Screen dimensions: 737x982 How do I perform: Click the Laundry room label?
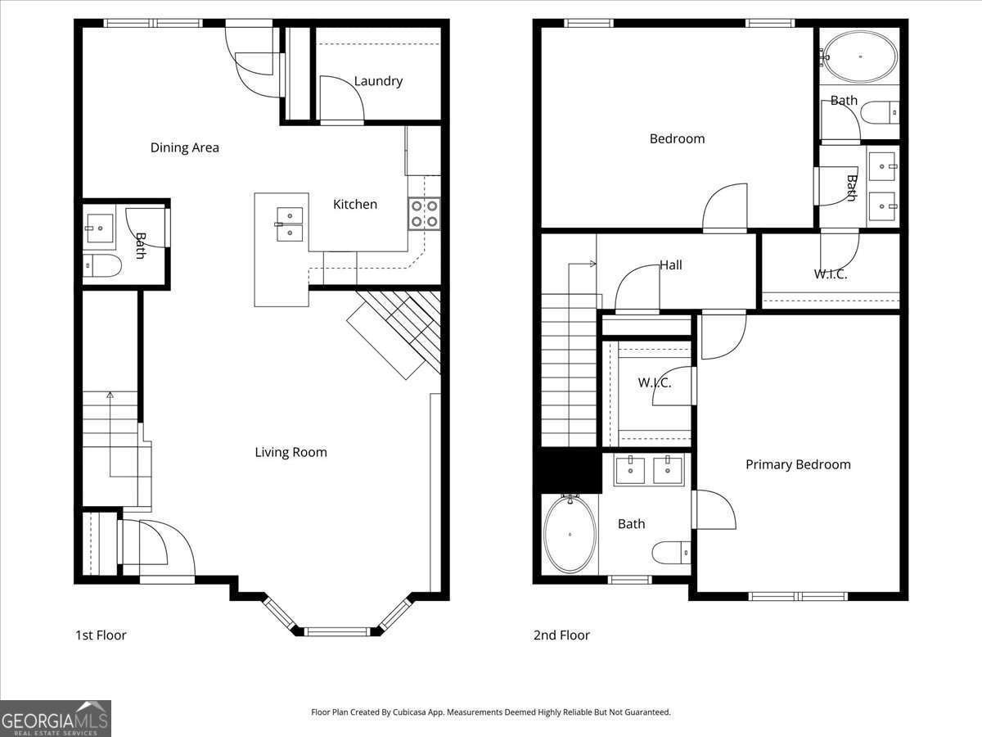coord(378,81)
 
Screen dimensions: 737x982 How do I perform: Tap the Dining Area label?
coord(184,147)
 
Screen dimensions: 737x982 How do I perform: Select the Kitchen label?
coord(355,204)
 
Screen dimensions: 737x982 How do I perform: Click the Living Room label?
coord(291,452)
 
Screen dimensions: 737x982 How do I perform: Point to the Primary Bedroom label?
coord(798,464)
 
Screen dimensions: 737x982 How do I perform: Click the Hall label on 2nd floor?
coord(671,265)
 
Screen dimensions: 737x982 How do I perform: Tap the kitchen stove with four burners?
coord(424,214)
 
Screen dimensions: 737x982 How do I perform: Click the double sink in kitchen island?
coord(290,224)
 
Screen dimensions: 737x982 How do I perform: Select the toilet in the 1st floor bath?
coord(103,265)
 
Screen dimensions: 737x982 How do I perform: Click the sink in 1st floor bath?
coord(100,228)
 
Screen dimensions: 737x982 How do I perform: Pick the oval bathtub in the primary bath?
coord(570,535)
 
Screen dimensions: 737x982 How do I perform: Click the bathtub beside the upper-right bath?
coord(859,57)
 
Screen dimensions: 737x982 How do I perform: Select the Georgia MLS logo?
coord(55,718)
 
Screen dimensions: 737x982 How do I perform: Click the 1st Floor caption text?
coord(101,635)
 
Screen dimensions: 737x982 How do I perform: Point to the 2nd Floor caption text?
coord(561,635)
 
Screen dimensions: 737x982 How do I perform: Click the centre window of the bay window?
coord(338,631)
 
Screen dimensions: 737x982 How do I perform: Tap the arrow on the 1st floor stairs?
coord(110,396)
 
